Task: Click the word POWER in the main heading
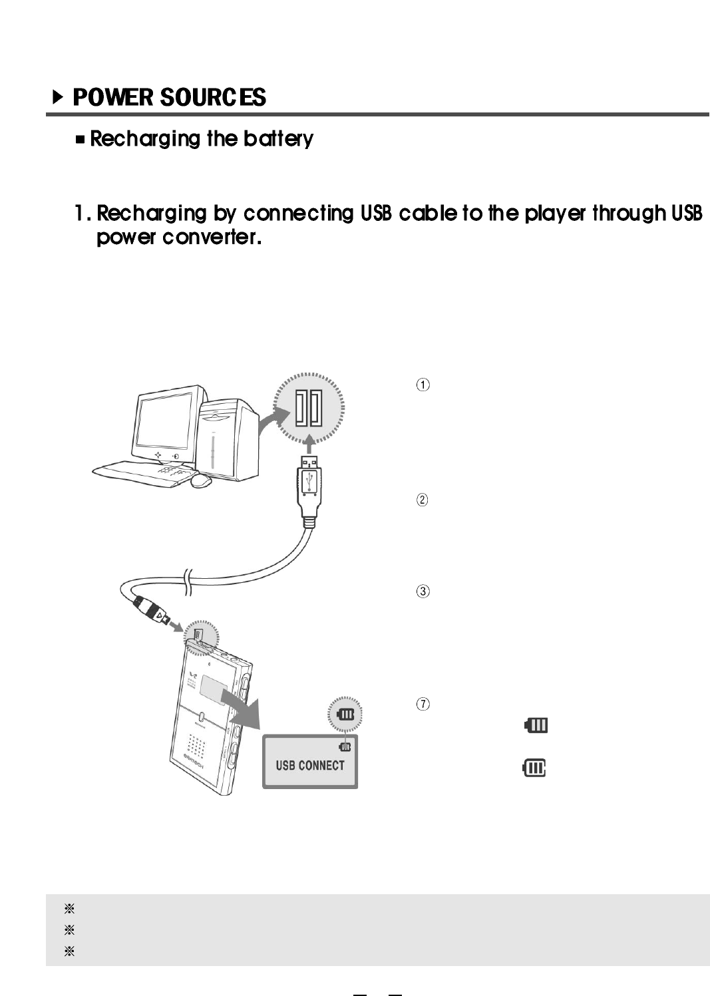(x=112, y=98)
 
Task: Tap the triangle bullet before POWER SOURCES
(x=58, y=98)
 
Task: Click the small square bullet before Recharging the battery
(x=81, y=140)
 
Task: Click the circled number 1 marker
(x=423, y=385)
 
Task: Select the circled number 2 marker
(x=423, y=500)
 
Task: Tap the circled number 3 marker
(x=423, y=591)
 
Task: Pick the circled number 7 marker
(x=423, y=704)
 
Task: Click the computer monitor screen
(x=166, y=420)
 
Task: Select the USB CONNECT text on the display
(x=310, y=766)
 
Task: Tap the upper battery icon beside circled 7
(x=536, y=725)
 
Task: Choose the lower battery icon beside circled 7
(x=534, y=769)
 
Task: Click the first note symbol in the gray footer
(x=69, y=909)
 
